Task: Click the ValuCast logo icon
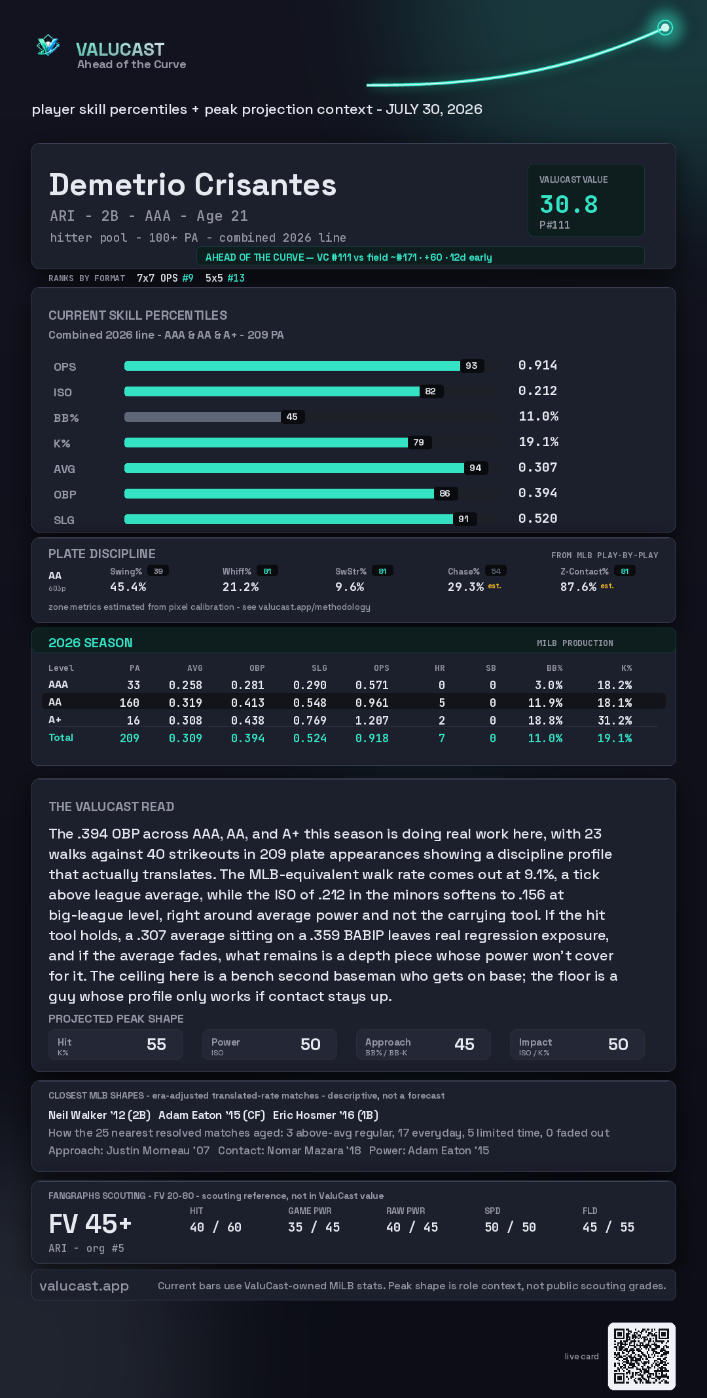click(x=48, y=45)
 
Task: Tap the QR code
click(x=642, y=1356)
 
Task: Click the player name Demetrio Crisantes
click(x=192, y=185)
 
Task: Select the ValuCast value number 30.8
click(x=569, y=204)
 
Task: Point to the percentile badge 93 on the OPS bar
click(x=471, y=366)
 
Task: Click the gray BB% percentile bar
click(x=202, y=417)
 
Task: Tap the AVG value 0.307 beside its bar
click(x=537, y=467)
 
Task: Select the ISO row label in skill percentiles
click(x=63, y=392)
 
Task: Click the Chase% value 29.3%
click(x=465, y=587)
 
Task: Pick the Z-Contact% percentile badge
click(x=625, y=571)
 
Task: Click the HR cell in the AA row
click(x=442, y=702)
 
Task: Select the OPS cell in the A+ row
click(x=372, y=720)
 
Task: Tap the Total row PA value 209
click(x=129, y=738)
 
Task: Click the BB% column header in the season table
click(x=554, y=668)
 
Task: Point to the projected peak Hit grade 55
click(x=156, y=1044)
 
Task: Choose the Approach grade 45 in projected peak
click(x=464, y=1044)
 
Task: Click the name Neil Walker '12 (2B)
click(x=100, y=1115)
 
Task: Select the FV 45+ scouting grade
click(x=90, y=1224)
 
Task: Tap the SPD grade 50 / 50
click(x=510, y=1227)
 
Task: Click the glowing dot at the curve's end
click(x=665, y=28)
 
